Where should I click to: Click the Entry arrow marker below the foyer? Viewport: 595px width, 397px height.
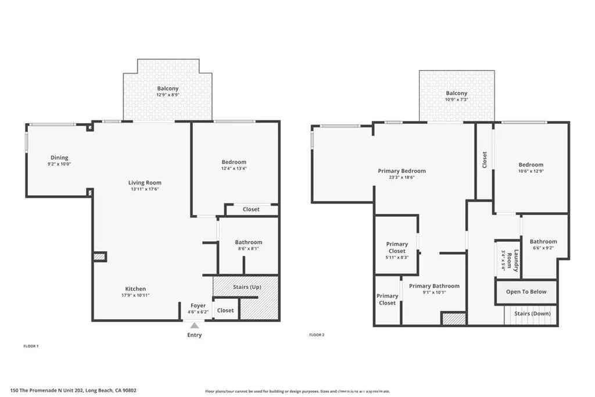194,326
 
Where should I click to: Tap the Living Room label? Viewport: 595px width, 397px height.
145,183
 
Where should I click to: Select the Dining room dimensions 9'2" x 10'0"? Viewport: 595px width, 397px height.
59,164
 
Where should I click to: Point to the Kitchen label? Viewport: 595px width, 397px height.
135,289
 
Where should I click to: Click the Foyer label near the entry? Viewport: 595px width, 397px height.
198,306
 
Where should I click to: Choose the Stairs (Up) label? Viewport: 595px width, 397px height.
246,287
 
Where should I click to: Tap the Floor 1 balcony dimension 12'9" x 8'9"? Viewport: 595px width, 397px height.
167,95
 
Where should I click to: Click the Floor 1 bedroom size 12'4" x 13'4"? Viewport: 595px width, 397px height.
234,169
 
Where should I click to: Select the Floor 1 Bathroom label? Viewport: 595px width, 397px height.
248,242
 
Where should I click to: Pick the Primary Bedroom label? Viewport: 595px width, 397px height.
402,171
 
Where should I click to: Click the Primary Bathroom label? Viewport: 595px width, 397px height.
434,286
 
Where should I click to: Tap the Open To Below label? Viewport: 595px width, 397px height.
526,292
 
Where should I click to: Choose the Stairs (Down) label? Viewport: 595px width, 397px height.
532,314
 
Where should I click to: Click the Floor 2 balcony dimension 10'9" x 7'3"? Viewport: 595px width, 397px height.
456,100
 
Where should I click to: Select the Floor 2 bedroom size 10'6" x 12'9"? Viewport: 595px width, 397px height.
531,171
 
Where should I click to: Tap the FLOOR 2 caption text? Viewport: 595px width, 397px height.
316,335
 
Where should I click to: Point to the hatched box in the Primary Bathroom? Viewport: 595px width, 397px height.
454,319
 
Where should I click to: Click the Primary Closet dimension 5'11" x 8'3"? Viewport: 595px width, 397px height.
397,257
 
